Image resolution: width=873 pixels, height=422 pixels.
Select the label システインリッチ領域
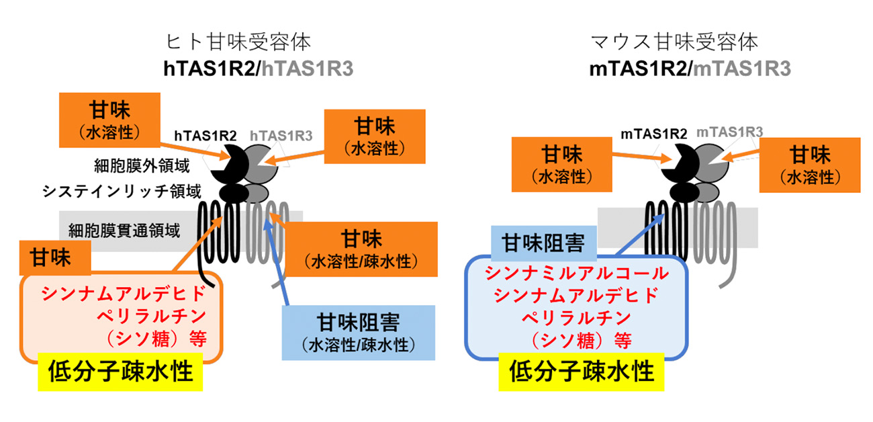121,192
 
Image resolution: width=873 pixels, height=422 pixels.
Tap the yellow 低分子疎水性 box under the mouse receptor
582,372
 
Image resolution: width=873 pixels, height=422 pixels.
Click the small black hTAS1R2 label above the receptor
205,136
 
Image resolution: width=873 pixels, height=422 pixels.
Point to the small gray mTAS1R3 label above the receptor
729,133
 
